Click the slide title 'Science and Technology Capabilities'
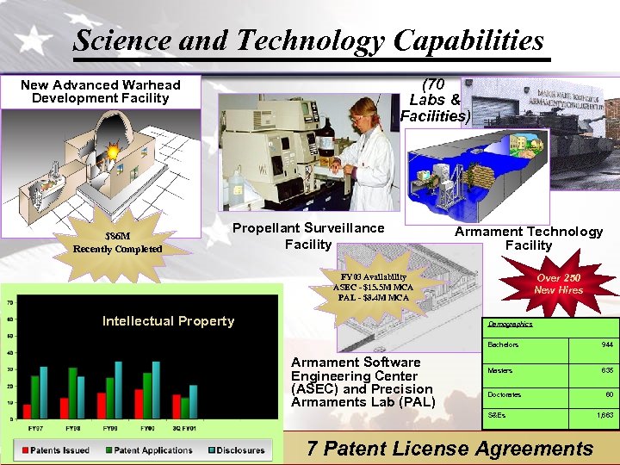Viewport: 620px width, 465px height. (x=308, y=40)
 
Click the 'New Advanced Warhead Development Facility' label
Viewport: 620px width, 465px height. (x=101, y=91)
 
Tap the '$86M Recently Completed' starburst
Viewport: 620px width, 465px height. (x=118, y=242)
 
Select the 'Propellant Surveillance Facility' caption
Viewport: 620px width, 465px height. (x=309, y=236)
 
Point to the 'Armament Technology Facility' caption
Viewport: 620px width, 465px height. (x=529, y=238)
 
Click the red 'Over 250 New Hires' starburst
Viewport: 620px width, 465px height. (x=559, y=284)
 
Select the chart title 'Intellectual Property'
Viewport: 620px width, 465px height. (x=168, y=321)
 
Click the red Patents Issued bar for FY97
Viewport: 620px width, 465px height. (x=28, y=411)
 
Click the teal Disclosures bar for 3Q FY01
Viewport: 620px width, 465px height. (x=194, y=401)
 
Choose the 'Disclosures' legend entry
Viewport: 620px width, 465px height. (x=238, y=449)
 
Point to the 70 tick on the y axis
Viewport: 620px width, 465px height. (x=9, y=303)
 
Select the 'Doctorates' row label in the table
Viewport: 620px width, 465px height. (x=504, y=395)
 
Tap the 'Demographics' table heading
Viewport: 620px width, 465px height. (x=512, y=325)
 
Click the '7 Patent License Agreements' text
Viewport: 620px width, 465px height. (x=450, y=449)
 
